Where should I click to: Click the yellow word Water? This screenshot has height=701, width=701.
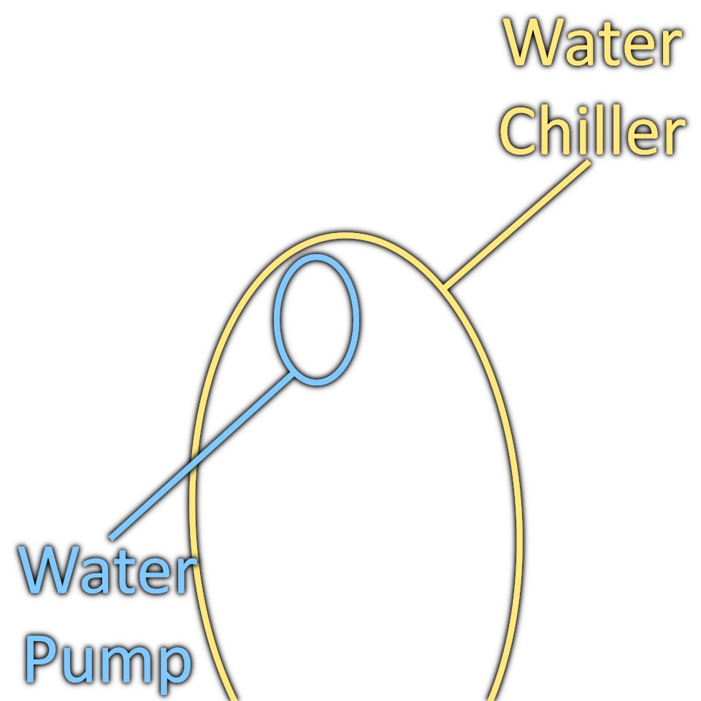593,44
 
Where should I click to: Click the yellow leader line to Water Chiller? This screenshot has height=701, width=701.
517,223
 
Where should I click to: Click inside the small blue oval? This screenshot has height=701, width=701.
316,319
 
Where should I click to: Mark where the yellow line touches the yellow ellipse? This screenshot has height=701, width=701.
445,286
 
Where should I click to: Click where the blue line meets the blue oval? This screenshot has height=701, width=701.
294,375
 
